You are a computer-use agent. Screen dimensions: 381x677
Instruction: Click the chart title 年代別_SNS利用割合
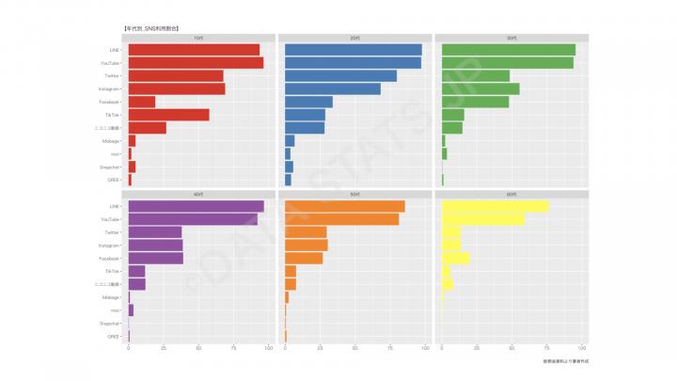(151, 29)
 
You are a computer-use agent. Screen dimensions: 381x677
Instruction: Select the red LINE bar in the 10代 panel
(194, 50)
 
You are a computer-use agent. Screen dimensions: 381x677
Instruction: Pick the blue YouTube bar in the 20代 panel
(353, 63)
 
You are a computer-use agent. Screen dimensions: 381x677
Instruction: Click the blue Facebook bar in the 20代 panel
(308, 102)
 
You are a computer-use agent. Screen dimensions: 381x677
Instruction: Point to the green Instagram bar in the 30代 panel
(480, 88)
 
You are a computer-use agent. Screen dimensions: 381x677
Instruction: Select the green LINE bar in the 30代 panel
(508, 50)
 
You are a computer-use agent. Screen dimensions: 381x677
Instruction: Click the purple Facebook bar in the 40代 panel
(155, 258)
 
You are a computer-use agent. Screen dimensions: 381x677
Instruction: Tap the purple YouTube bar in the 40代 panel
(193, 219)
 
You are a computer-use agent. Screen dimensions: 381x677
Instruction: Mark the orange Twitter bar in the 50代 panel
(306, 231)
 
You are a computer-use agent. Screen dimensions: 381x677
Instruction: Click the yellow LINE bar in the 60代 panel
(495, 206)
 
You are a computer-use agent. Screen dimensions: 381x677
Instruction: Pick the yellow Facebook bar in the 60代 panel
(455, 258)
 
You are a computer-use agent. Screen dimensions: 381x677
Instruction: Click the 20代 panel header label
(354, 38)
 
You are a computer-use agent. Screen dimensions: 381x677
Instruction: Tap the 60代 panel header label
(512, 195)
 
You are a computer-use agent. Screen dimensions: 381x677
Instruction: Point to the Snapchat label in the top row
(109, 167)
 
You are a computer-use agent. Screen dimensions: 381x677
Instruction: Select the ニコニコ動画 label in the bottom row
(106, 284)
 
